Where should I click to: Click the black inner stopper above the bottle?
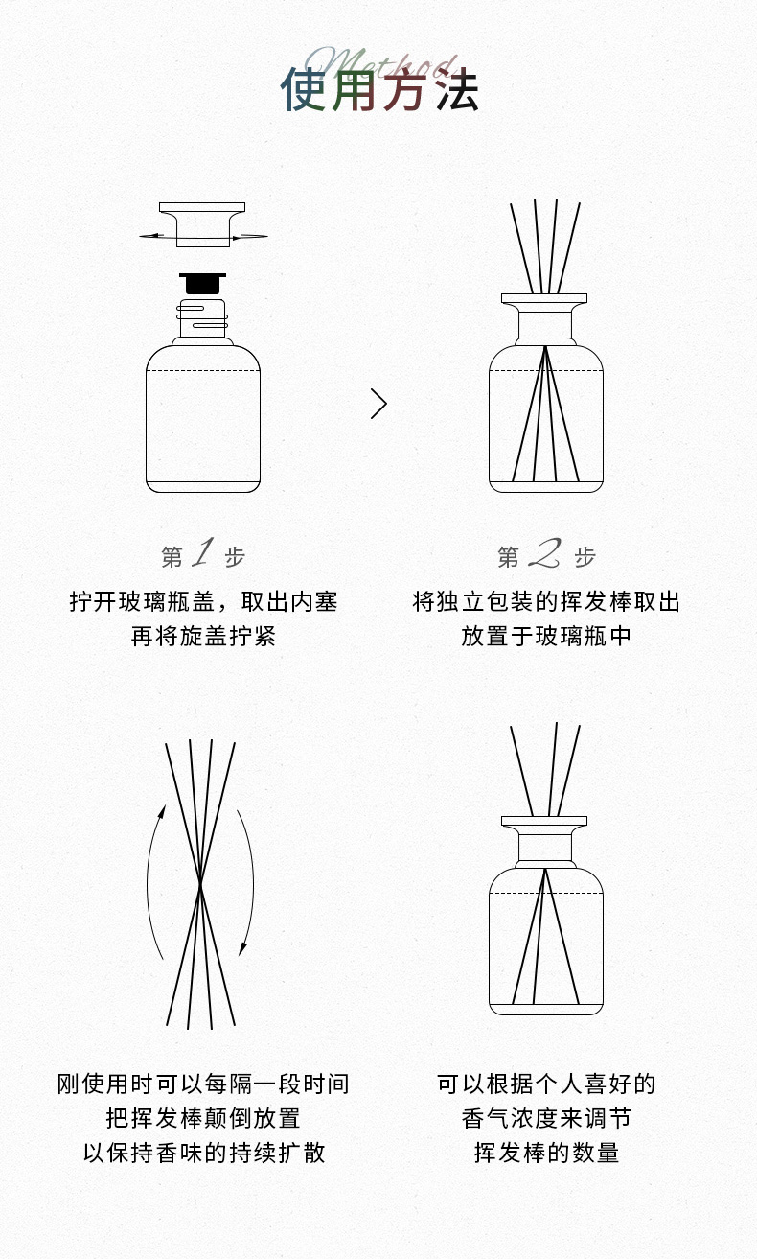pos(202,283)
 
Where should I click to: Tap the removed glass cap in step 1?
pos(202,224)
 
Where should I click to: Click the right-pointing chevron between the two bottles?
pos(379,404)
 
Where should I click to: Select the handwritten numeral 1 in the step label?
pos(203,552)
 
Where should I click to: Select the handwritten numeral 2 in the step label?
pos(544,553)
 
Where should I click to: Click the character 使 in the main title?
pos(304,89)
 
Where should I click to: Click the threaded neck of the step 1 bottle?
pos(202,318)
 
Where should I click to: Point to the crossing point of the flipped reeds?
pos(200,883)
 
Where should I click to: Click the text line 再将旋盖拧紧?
pos(203,637)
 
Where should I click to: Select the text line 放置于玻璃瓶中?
pos(546,637)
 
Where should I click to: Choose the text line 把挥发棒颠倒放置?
pos(203,1118)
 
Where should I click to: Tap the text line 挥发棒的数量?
pos(546,1153)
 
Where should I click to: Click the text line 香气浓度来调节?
pos(546,1118)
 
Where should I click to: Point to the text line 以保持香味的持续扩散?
pos(204,1153)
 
